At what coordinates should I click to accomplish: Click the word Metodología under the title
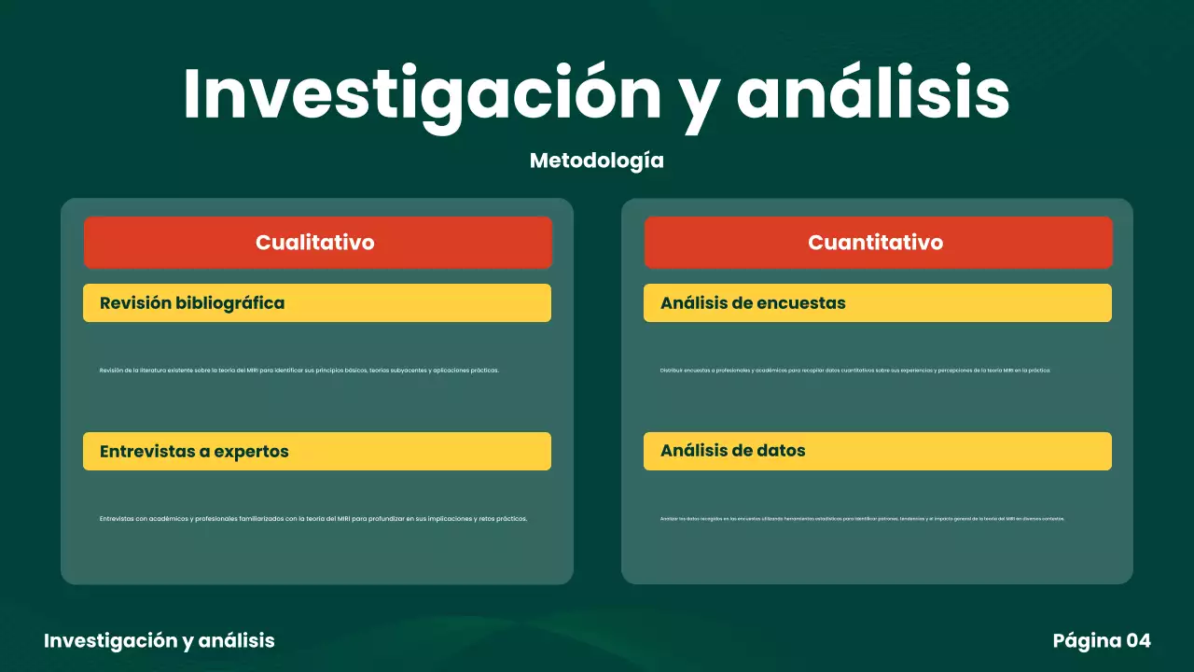pos(597,161)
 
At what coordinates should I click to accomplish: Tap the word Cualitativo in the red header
pos(315,243)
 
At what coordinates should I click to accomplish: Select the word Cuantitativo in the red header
pos(875,243)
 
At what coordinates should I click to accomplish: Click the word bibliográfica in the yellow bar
pos(230,303)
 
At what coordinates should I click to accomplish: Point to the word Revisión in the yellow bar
pos(135,303)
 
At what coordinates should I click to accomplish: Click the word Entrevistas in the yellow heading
pos(146,452)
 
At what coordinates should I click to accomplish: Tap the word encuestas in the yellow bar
pos(801,303)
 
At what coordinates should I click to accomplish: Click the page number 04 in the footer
pos(1139,640)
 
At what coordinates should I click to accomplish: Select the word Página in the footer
pos(1087,640)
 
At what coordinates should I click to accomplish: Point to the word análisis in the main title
pos(873,93)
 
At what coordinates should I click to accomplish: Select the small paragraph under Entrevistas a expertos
pos(313,519)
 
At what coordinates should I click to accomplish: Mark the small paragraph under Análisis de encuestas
pos(855,371)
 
